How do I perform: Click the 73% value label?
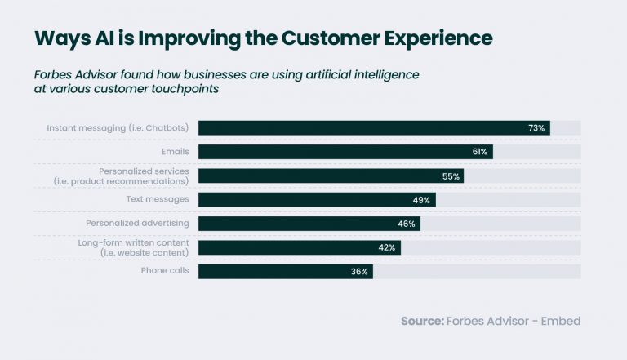[536, 128]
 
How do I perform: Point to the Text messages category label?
[158, 199]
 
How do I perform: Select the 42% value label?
[387, 247]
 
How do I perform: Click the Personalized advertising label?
[137, 223]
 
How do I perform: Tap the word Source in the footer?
[421, 322]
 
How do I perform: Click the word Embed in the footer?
[561, 322]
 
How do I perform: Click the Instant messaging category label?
[118, 128]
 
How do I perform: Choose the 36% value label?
[359, 271]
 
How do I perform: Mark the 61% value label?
[479, 152]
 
